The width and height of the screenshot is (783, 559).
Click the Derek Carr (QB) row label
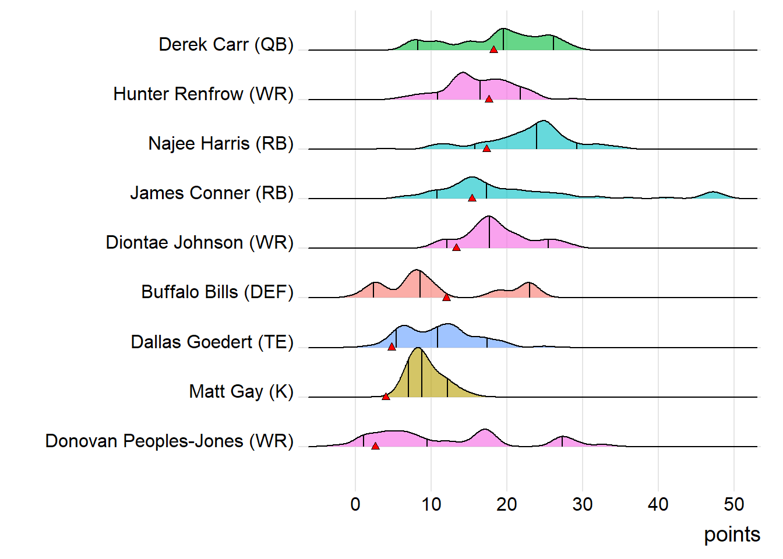226,45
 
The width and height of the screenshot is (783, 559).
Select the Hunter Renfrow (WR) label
203,94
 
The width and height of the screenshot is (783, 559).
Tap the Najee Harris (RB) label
221,144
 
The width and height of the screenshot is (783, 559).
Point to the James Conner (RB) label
211,193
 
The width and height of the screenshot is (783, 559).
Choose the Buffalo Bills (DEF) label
217,292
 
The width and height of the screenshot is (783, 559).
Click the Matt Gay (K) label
241,391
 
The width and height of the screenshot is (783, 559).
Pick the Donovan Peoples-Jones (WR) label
170,441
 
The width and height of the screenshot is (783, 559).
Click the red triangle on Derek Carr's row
493,49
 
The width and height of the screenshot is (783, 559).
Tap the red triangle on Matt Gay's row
386,397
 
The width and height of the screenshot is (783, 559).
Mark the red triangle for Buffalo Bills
446,298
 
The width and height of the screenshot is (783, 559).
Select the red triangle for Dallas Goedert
391,347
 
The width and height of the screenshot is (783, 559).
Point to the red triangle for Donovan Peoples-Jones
375,446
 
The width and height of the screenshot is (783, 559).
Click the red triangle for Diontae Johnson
456,247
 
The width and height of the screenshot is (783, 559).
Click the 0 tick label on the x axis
355,504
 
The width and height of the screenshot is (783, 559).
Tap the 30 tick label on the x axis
583,504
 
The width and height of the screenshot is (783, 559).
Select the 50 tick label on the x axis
734,504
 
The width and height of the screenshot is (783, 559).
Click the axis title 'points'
732,535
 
